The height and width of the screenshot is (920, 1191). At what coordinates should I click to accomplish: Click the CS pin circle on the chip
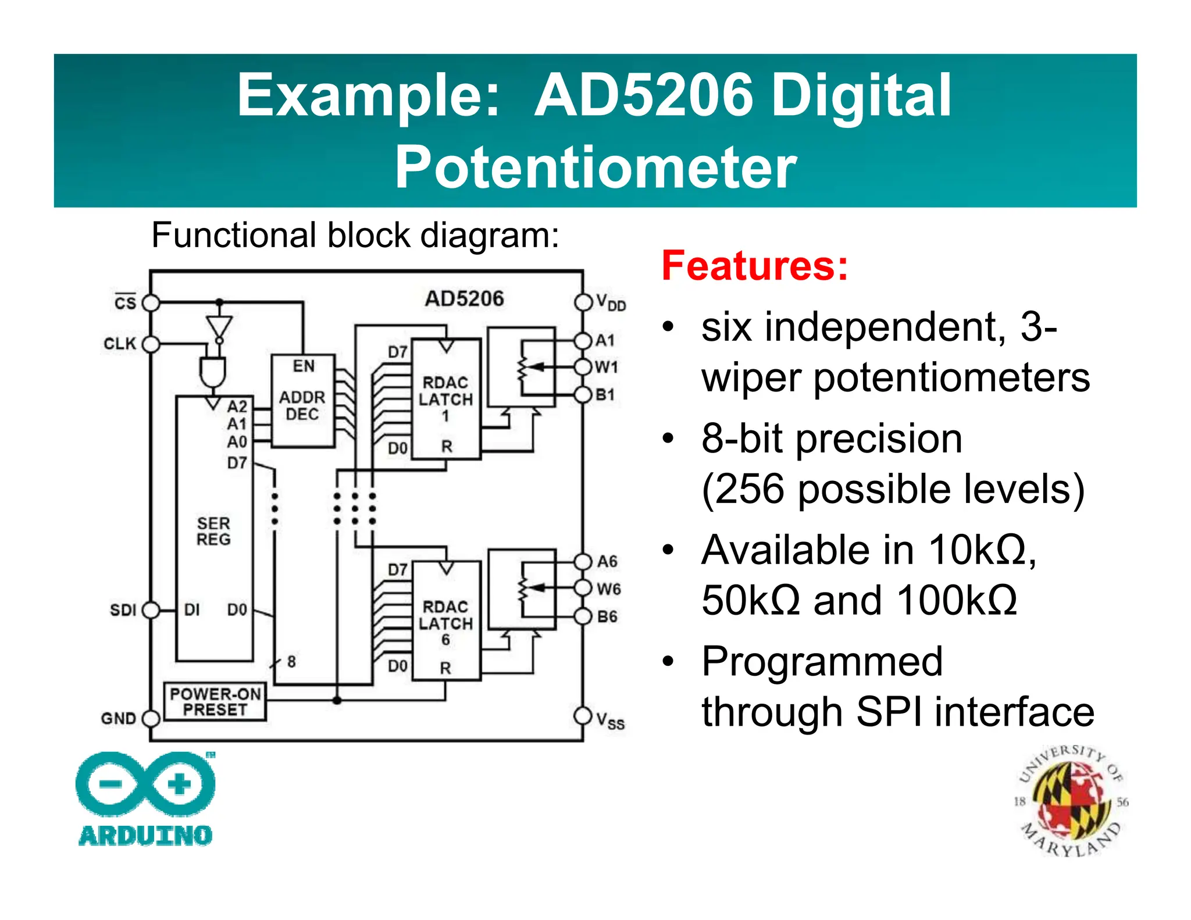click(151, 303)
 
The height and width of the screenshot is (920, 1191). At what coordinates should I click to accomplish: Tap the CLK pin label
click(120, 344)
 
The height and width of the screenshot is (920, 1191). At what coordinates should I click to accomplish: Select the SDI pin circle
click(151, 610)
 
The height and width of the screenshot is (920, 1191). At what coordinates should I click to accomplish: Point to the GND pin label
click(118, 718)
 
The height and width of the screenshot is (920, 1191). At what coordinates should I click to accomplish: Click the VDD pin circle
click(583, 302)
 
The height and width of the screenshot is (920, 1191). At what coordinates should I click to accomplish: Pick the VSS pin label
click(610, 721)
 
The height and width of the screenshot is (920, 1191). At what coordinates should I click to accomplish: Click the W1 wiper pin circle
click(583, 367)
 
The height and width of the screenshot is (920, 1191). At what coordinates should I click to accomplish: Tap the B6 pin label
click(607, 616)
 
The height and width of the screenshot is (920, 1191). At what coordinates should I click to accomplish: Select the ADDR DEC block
click(303, 401)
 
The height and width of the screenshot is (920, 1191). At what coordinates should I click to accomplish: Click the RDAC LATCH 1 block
click(446, 400)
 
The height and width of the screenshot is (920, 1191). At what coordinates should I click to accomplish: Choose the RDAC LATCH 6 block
click(446, 621)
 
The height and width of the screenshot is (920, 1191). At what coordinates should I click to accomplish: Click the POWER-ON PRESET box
click(215, 702)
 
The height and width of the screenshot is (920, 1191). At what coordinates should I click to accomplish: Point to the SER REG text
click(213, 531)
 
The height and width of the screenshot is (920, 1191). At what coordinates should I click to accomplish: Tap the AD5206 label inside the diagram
click(464, 298)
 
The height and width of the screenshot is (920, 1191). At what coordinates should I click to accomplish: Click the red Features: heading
click(755, 266)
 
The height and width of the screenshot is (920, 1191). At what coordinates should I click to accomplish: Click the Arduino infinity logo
click(145, 783)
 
